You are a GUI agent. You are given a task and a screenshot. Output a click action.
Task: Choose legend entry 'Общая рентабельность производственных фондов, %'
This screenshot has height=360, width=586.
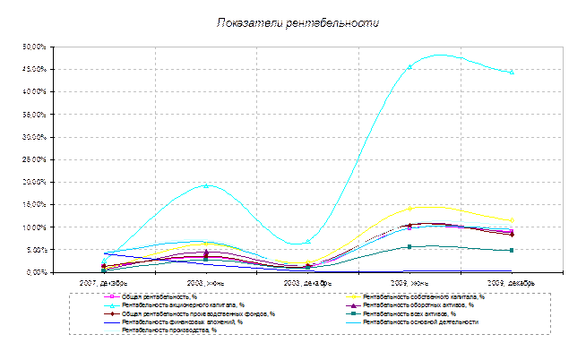point(197,314)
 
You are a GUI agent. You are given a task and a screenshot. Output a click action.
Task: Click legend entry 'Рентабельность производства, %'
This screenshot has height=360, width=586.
point(169,330)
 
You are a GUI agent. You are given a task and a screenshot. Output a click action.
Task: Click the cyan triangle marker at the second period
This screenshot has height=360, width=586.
point(206,185)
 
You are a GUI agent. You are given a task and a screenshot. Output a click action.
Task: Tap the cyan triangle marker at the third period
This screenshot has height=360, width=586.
point(308,241)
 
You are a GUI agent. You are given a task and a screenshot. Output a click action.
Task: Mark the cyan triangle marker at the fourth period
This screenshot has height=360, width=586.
point(409,66)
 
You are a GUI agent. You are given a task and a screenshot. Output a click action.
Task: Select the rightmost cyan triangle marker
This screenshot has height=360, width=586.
point(512,73)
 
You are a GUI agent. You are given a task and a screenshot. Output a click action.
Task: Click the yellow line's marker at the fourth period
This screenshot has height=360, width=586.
point(409,208)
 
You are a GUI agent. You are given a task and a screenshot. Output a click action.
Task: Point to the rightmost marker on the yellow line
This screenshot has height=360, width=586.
point(512,220)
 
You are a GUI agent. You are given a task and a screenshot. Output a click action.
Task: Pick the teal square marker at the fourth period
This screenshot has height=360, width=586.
point(409,246)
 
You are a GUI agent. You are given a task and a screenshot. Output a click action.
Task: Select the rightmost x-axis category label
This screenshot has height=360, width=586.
point(512,282)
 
